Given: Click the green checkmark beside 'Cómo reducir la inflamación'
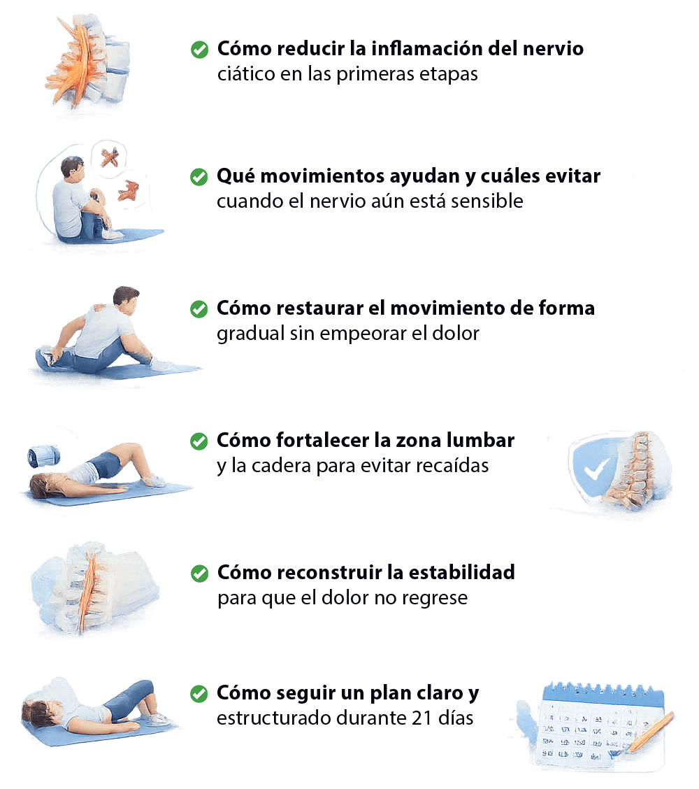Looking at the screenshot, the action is pyautogui.click(x=200, y=49).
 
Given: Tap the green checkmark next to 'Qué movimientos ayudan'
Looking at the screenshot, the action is pyautogui.click(x=199, y=177).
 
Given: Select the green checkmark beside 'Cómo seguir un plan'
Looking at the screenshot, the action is pyautogui.click(x=199, y=694).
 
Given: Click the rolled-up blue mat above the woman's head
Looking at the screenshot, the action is pyautogui.click(x=44, y=456).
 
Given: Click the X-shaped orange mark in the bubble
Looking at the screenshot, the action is pyautogui.click(x=110, y=157).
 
